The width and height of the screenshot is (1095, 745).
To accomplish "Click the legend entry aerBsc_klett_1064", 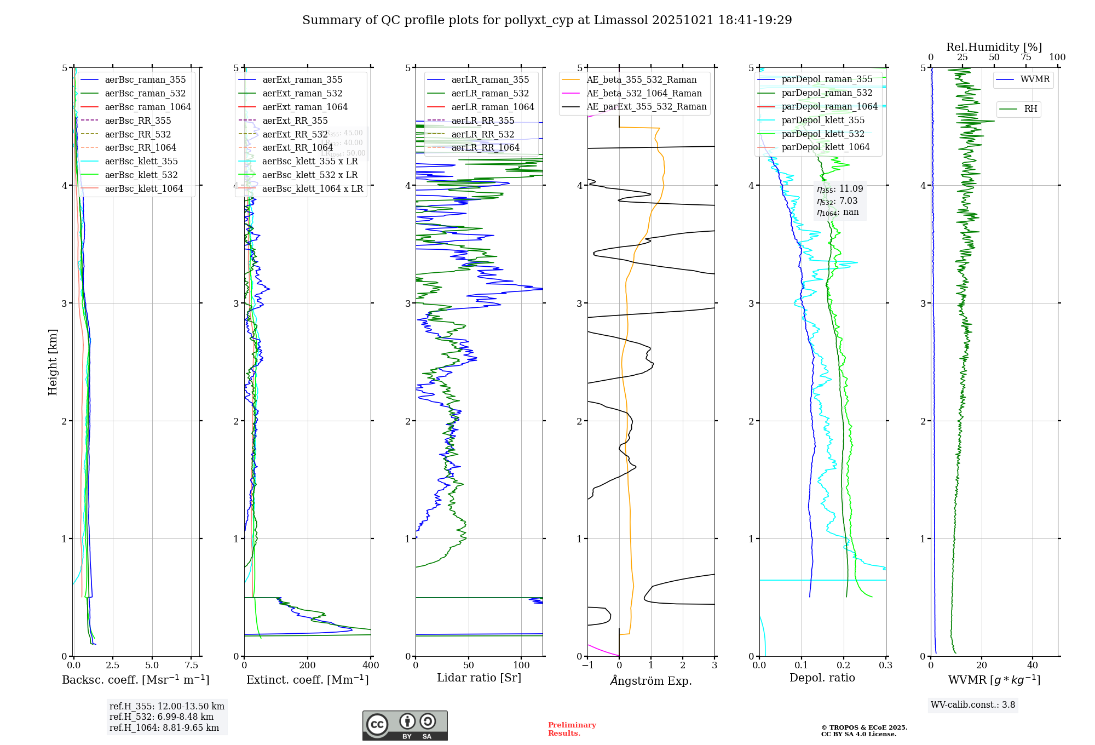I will pyautogui.click(x=143, y=189).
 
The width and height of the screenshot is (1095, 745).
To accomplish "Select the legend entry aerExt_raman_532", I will pyautogui.click(x=302, y=94).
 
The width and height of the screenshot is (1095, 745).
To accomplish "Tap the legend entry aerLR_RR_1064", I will pyautogui.click(x=485, y=148).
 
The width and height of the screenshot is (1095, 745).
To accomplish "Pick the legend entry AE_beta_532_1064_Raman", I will pyautogui.click(x=644, y=94).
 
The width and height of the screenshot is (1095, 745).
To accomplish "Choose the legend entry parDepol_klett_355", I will pyautogui.click(x=823, y=121).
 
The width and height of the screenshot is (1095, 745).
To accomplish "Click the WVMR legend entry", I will pyautogui.click(x=1035, y=79).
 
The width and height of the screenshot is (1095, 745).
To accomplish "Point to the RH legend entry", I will pyautogui.click(x=1030, y=109).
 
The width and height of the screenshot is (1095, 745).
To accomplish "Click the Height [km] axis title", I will pyautogui.click(x=53, y=362).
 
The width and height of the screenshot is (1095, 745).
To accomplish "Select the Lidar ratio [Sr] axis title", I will pyautogui.click(x=479, y=678).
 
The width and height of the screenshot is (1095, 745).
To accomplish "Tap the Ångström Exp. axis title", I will pyautogui.click(x=651, y=681).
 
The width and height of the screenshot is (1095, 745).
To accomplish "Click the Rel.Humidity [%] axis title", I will pyautogui.click(x=994, y=47).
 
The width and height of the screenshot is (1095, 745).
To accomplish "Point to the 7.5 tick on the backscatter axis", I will pyautogui.click(x=192, y=666).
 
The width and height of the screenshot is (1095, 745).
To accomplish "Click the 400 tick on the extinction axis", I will pyautogui.click(x=371, y=666).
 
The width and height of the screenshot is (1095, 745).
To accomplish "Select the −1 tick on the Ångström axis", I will pyautogui.click(x=587, y=666).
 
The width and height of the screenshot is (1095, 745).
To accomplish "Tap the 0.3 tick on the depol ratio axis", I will pyautogui.click(x=886, y=666).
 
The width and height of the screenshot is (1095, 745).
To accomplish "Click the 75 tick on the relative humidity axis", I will pyautogui.click(x=1025, y=58).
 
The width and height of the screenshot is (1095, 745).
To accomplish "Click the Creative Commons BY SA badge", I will pyautogui.click(x=405, y=725).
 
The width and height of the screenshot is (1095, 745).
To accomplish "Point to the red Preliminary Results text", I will pyautogui.click(x=572, y=729).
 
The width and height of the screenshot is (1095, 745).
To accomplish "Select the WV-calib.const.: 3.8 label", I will pyautogui.click(x=973, y=705).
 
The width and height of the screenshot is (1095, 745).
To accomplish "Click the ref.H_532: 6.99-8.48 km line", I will pyautogui.click(x=162, y=717).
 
